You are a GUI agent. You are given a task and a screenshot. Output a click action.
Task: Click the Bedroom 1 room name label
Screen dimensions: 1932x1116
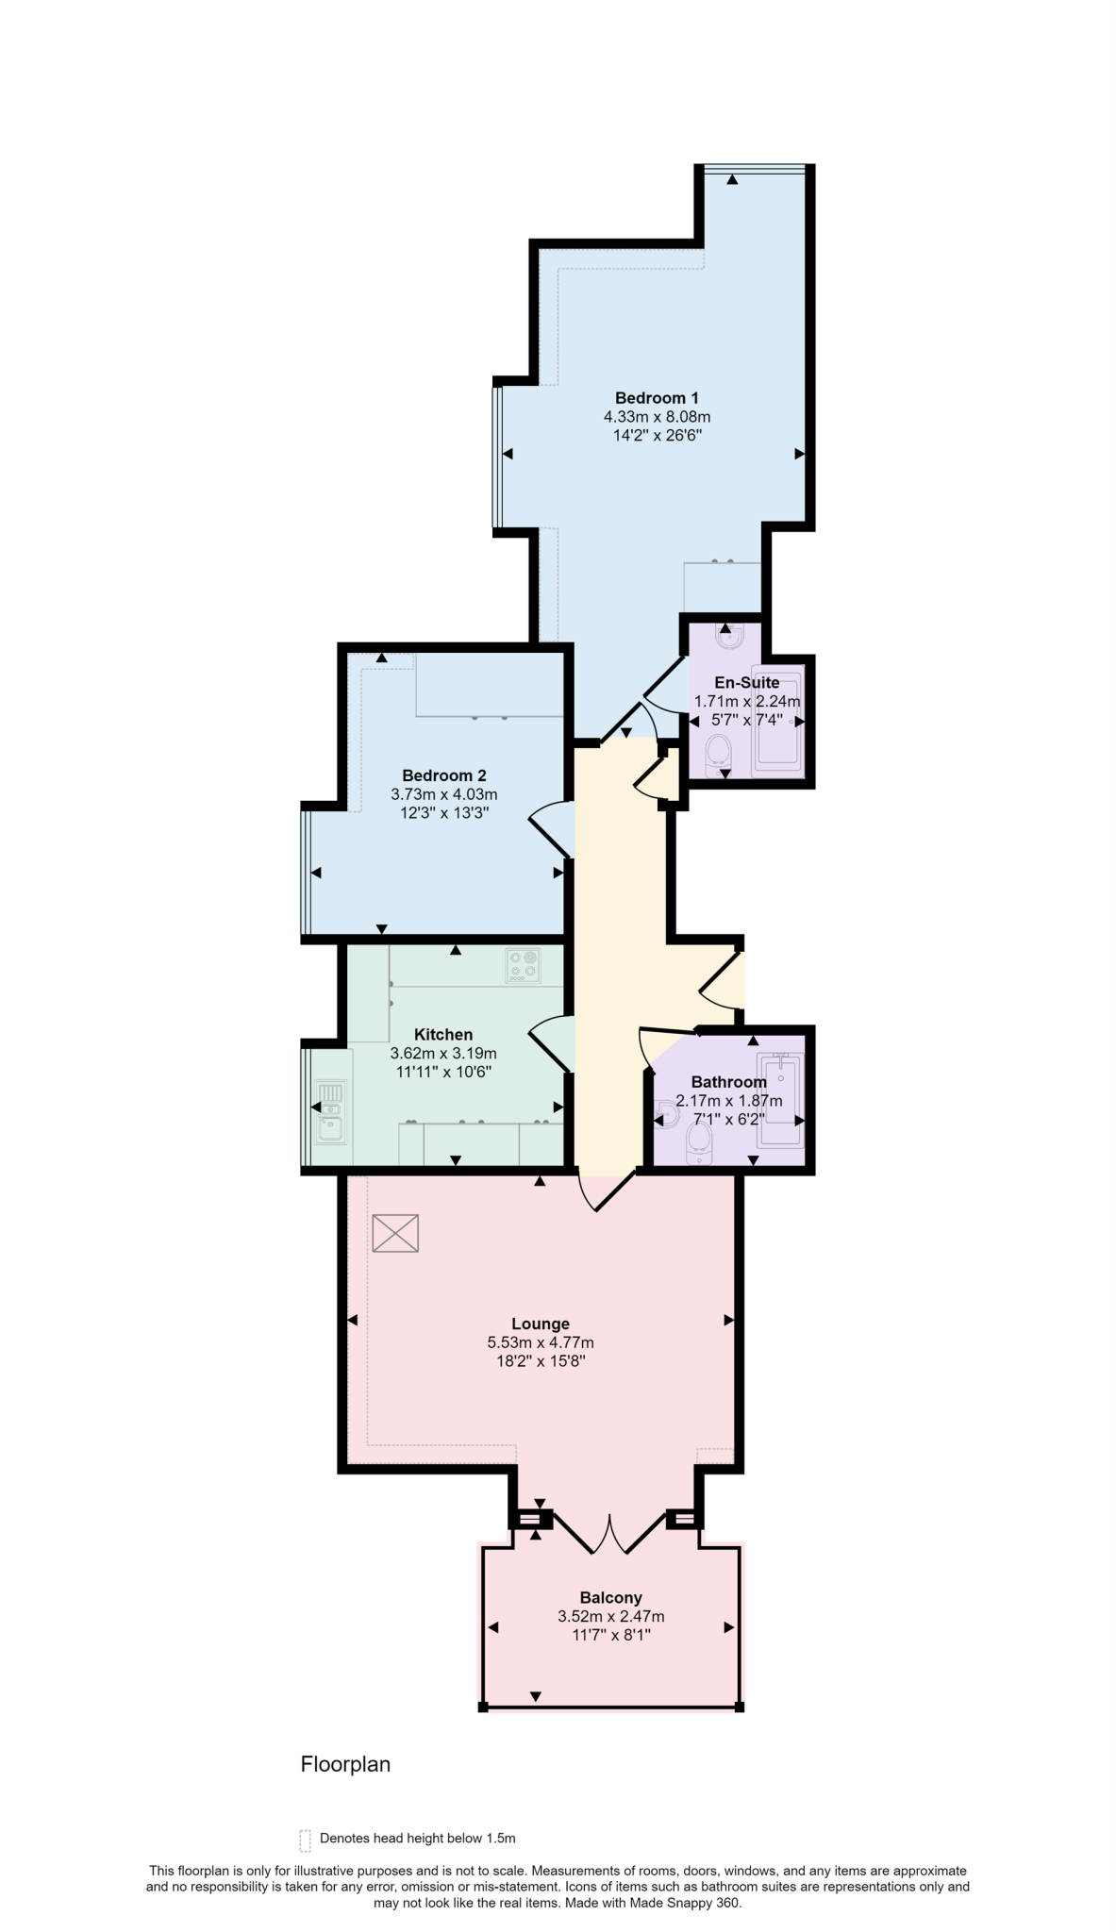coord(657,397)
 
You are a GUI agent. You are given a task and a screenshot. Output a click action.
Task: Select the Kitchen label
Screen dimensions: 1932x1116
coord(443,1034)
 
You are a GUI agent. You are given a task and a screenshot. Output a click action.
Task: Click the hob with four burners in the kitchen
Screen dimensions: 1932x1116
coord(523,965)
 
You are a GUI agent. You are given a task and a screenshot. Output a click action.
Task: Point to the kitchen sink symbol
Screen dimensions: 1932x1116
coord(330,1109)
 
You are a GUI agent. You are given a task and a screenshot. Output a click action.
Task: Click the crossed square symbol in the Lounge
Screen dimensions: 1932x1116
coord(394,1233)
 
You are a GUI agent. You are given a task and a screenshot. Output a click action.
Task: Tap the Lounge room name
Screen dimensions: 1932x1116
coord(541,1324)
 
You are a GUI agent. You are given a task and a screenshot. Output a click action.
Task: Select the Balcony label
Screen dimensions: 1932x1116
coord(610,1597)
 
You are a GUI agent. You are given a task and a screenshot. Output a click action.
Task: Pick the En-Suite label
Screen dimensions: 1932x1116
coord(746,682)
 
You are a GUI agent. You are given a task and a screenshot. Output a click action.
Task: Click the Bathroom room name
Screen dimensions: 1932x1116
coord(728,1081)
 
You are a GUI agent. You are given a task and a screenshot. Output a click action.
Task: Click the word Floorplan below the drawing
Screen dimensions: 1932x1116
coord(345,1764)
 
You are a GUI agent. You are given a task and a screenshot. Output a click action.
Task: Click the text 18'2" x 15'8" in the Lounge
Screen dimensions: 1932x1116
coord(541,1361)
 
